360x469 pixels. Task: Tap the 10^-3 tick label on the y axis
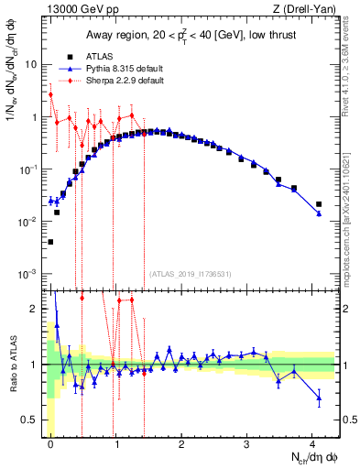pyautogui.click(x=27, y=275)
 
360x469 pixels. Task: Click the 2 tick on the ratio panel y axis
pyautogui.click(x=35, y=309)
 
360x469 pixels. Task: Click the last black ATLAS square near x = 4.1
pyautogui.click(x=319, y=204)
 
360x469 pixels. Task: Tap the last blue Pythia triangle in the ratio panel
pyautogui.click(x=319, y=398)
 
